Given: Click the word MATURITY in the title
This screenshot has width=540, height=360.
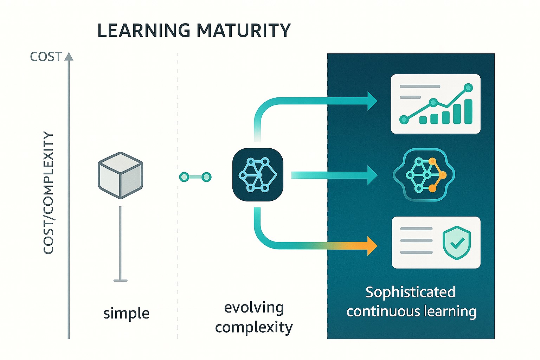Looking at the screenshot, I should tap(244, 31).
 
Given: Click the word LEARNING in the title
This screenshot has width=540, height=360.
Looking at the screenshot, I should tap(144, 31).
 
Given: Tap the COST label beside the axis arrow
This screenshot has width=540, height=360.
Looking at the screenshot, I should tap(46, 57).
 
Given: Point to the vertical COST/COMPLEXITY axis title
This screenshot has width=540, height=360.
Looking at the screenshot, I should tap(48, 193).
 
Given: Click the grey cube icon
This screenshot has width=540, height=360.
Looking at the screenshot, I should tap(121, 175).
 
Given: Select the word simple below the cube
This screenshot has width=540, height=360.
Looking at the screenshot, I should tap(126, 313).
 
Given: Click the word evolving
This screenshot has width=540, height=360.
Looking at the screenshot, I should tap(254, 307).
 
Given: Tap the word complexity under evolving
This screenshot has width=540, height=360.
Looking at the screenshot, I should tap(254, 328).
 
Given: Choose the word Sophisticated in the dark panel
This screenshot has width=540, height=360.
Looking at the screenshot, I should tap(410, 292).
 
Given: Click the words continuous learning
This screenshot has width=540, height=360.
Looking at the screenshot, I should tap(411, 311).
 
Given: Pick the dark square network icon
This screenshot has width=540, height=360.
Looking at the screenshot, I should tap(258, 175).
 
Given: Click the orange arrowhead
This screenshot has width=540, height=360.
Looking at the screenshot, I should tap(372, 246).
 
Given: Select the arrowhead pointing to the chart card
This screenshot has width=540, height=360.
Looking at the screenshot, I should tap(372, 101).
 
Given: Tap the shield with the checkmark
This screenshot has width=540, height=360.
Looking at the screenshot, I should tap(457, 243).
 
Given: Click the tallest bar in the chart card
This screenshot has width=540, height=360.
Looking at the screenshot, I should tap(468, 111).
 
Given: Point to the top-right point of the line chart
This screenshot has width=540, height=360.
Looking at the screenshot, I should tap(468, 88).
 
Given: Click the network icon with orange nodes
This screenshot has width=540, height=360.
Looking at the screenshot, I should tap(424, 175).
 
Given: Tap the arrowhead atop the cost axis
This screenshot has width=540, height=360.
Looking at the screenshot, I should tap(69, 56).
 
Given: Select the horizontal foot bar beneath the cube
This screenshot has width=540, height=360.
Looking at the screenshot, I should tap(121, 281).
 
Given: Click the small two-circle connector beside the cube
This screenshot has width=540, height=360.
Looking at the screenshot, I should tap(195, 177).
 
